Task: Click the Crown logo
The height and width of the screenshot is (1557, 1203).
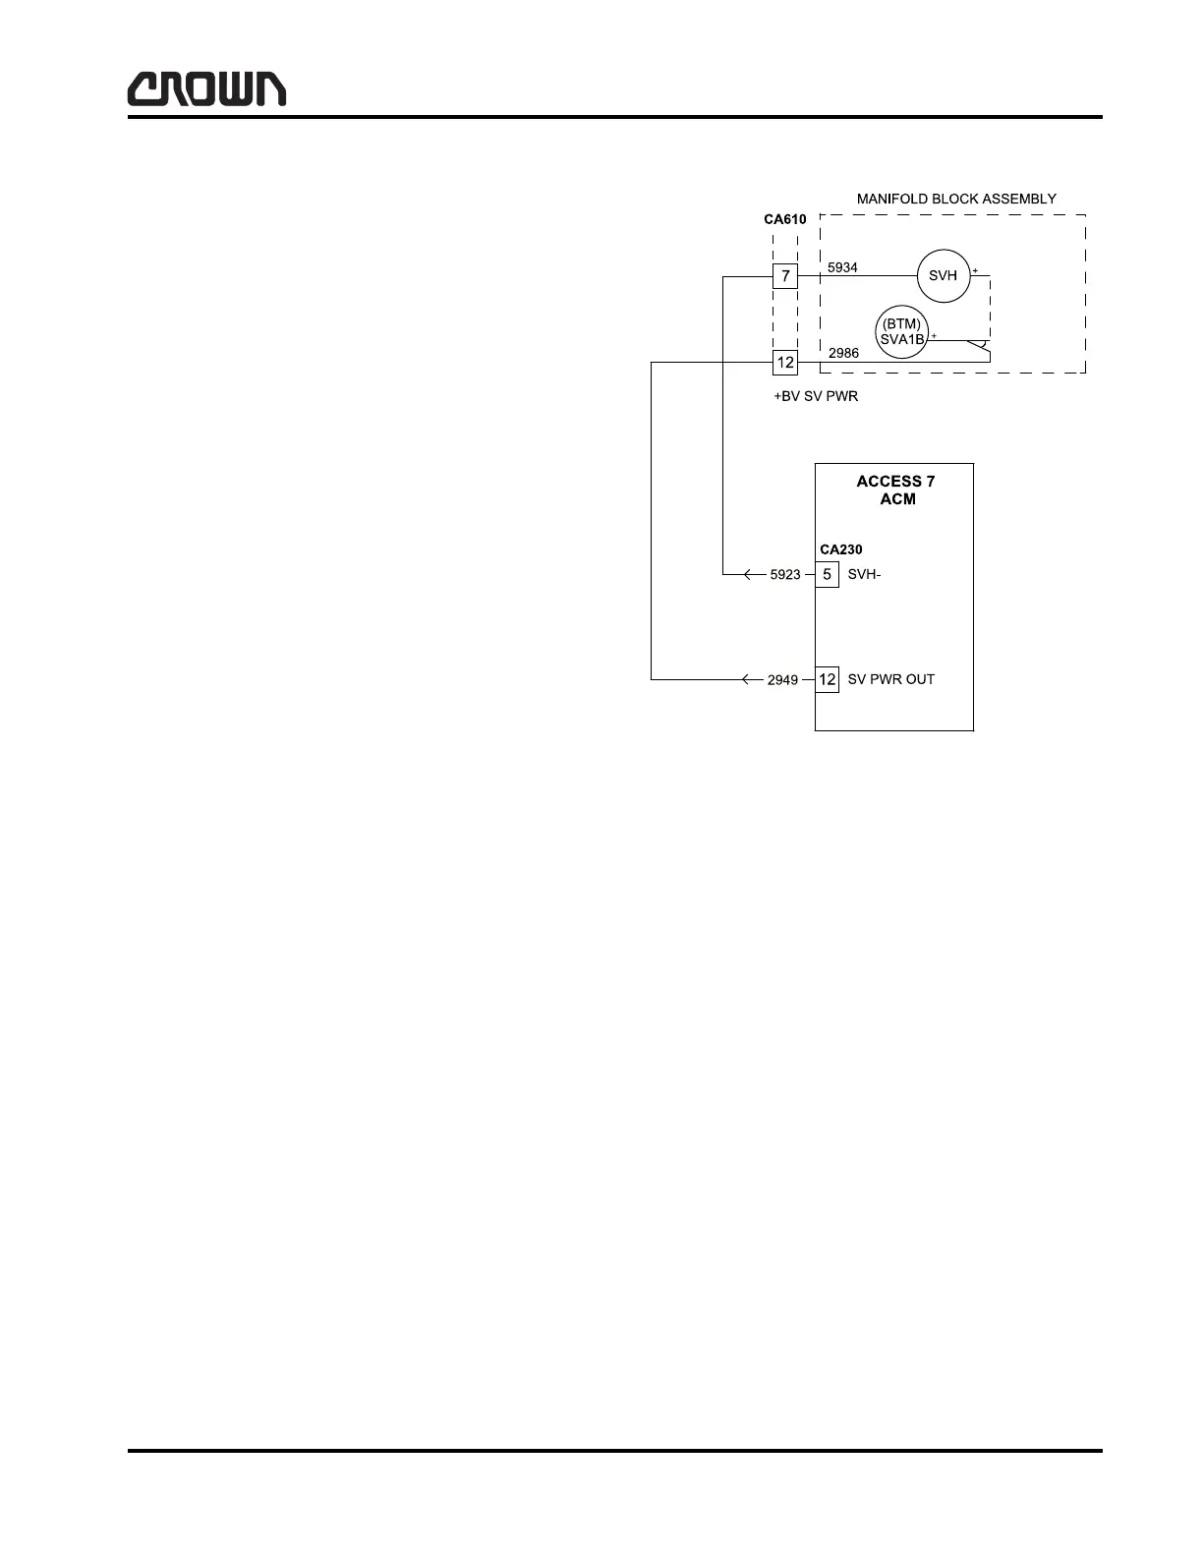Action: click(x=206, y=88)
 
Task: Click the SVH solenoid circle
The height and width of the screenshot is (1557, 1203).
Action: click(x=943, y=276)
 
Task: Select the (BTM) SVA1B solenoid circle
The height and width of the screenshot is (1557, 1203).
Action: click(x=901, y=332)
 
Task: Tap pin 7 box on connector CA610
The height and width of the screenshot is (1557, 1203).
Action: click(x=784, y=276)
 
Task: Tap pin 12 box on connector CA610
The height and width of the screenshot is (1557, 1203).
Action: click(x=784, y=363)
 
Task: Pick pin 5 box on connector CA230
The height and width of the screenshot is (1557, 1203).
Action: click(x=827, y=574)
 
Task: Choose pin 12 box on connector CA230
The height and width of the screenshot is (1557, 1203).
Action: click(x=827, y=679)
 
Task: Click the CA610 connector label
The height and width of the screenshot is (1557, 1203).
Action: click(x=784, y=219)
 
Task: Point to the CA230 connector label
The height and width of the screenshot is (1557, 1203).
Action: click(x=840, y=549)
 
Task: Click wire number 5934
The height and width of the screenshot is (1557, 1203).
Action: click(x=842, y=266)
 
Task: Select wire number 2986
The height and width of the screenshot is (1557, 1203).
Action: click(x=843, y=352)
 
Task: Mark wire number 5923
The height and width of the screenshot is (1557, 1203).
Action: click(x=784, y=575)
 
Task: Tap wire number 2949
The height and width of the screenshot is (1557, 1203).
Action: click(x=782, y=680)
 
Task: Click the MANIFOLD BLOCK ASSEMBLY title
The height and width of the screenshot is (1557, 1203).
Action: click(x=955, y=199)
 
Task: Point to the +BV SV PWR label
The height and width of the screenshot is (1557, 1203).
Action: click(x=815, y=397)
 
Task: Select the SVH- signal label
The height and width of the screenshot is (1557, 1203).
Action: click(x=864, y=575)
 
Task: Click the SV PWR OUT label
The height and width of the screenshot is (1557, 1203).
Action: click(x=890, y=679)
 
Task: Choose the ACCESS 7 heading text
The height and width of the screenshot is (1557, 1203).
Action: click(x=895, y=482)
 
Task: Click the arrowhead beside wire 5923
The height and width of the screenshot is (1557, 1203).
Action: click(x=749, y=574)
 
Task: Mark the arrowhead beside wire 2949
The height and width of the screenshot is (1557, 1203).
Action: click(x=747, y=679)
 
